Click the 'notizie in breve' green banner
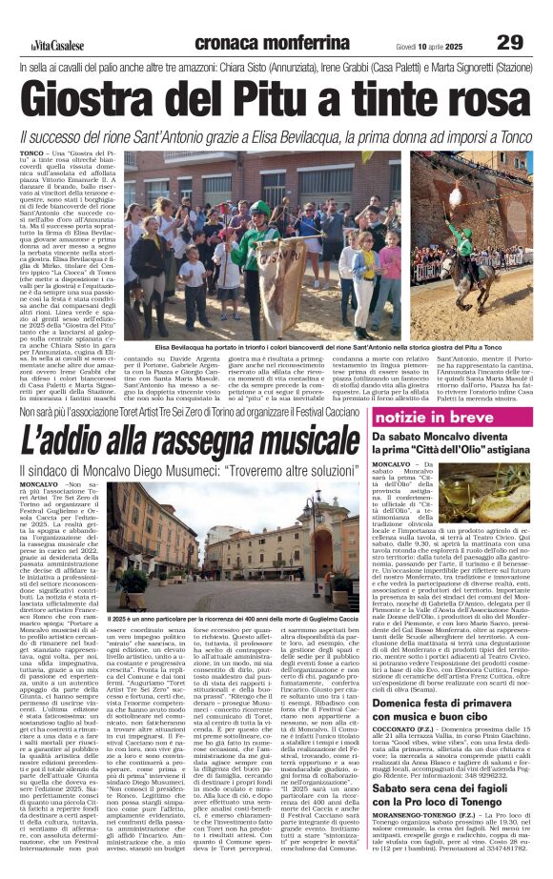coord(447,419)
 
